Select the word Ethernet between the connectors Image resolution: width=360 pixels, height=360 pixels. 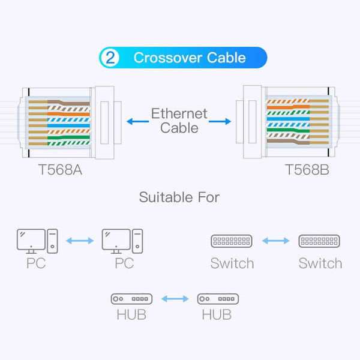click(179, 113)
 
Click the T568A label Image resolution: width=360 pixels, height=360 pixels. click(60, 170)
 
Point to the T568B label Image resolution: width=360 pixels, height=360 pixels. click(307, 170)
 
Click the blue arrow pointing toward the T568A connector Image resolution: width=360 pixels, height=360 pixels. click(136, 121)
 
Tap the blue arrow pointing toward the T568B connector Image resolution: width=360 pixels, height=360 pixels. click(220, 121)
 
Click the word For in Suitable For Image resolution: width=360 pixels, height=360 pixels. click(208, 197)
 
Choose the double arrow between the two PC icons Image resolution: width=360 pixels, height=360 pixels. click(80, 241)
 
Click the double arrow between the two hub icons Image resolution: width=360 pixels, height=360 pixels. click(175, 298)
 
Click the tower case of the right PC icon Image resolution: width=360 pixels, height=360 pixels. click(137, 240)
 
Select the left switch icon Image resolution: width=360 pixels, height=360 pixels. click(232, 241)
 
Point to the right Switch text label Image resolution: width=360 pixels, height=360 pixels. click(320, 263)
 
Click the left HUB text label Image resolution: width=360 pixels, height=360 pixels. click(131, 314)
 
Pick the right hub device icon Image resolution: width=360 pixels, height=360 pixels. click(218, 298)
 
